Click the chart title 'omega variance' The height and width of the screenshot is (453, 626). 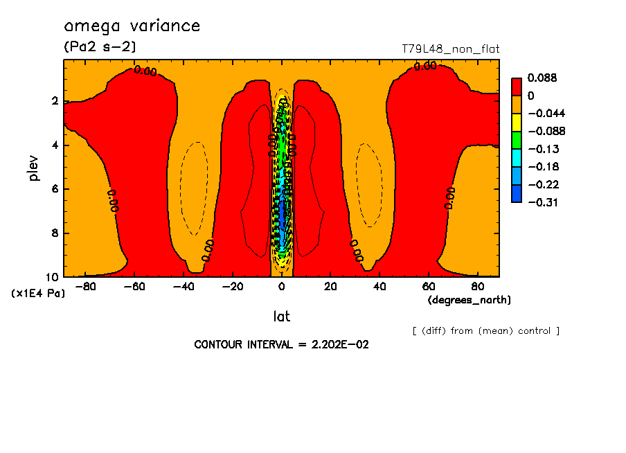click(x=132, y=26)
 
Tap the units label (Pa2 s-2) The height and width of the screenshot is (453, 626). click(x=100, y=47)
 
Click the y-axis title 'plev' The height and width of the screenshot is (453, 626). click(x=34, y=168)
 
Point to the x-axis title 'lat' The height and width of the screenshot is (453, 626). click(x=281, y=317)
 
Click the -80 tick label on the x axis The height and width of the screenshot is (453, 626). click(x=85, y=286)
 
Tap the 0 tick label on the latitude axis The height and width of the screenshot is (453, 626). click(x=282, y=286)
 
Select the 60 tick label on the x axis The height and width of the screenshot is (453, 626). click(x=429, y=286)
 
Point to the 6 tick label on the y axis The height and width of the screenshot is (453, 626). click(x=55, y=189)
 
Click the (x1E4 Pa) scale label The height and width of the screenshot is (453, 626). click(x=38, y=294)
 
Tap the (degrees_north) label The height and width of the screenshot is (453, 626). click(x=469, y=300)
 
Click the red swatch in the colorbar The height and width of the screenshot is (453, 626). click(x=516, y=87)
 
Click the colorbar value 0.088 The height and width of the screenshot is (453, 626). click(x=542, y=78)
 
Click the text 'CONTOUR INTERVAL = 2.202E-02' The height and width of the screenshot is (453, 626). click(x=281, y=344)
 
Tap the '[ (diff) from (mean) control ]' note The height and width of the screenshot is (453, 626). click(x=485, y=331)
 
